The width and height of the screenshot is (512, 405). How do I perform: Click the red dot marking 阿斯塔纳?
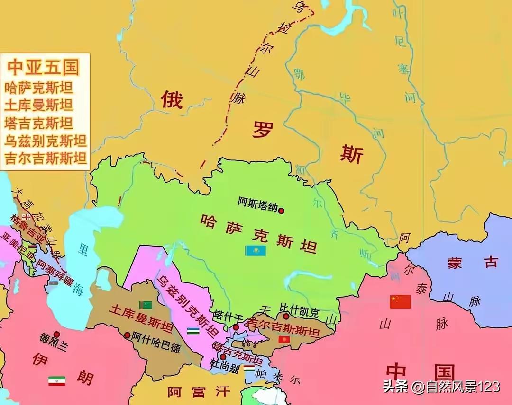pos(282,211)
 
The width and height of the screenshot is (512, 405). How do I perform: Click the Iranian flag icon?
pos(57,381)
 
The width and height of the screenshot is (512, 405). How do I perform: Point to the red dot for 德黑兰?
pos(56,334)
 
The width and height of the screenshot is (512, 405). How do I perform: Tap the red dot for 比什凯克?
pos(286,316)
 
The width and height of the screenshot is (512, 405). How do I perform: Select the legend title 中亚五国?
pos(43,68)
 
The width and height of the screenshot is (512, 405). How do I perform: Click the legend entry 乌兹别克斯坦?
pos(46,141)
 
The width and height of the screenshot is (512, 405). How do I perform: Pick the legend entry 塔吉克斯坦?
pos(39,123)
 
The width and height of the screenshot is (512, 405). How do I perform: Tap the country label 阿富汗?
pos(199,392)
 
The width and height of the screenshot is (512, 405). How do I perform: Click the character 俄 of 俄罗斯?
pos(171,100)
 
